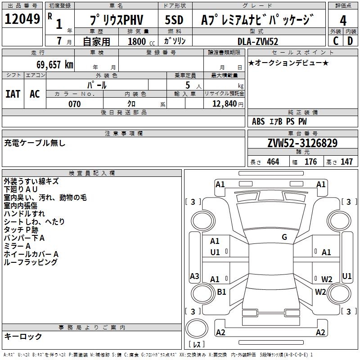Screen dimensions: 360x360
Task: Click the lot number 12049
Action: click(22, 19)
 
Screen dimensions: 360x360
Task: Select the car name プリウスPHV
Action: click(115, 20)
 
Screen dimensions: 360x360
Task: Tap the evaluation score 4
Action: click(343, 20)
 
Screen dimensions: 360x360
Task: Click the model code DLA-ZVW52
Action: click(258, 41)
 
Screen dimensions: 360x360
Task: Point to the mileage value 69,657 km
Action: click(52, 64)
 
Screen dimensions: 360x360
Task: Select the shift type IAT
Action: click(13, 94)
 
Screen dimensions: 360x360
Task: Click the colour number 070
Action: click(74, 104)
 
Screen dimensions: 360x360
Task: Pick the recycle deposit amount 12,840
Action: click(224, 104)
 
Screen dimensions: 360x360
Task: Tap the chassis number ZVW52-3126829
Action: click(302, 143)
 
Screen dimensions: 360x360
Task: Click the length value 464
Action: click(273, 162)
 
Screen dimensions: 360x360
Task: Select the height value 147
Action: click(346, 162)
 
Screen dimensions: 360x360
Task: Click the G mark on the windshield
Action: click(284, 237)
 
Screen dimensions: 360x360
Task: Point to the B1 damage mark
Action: click(221, 292)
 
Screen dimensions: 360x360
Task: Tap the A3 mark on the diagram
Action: click(194, 276)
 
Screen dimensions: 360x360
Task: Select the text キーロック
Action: click(23, 336)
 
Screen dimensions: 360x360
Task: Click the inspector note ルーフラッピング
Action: click(30, 262)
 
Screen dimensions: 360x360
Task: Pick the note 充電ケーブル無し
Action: click(35, 143)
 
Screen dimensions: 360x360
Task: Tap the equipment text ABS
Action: click(258, 121)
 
